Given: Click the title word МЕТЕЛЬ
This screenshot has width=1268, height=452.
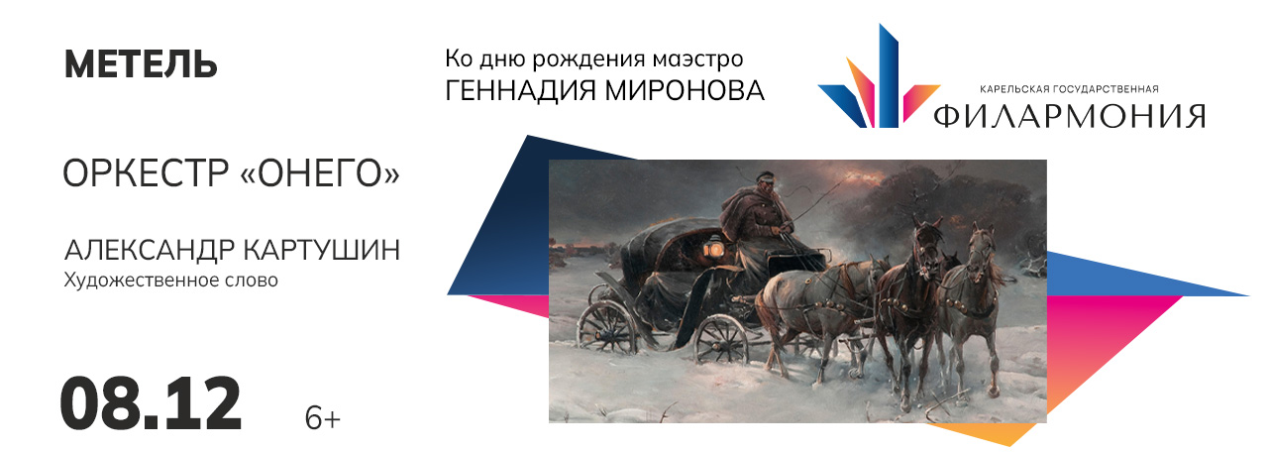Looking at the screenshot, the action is pyautogui.click(x=141, y=64).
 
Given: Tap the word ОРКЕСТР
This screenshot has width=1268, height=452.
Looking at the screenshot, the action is pyautogui.click(x=146, y=173).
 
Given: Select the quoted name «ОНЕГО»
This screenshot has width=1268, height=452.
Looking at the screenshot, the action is pyautogui.click(x=320, y=173).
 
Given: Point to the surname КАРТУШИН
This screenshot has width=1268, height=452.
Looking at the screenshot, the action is pyautogui.click(x=322, y=250).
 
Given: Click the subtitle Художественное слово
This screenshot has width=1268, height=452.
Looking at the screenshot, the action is pyautogui.click(x=171, y=281).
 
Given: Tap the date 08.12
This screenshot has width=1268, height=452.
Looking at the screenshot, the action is pyautogui.click(x=151, y=404).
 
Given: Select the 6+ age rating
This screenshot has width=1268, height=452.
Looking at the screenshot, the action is pyautogui.click(x=323, y=418).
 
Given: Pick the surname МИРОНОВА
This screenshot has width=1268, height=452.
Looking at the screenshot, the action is pyautogui.click(x=685, y=90).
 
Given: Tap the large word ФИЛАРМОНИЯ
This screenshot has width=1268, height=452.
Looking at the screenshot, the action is pyautogui.click(x=1069, y=116).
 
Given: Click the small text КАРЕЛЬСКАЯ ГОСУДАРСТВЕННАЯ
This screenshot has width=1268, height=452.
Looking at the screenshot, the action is pyautogui.click(x=1069, y=89).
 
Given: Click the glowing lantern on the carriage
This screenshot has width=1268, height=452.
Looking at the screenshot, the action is pyautogui.click(x=710, y=248).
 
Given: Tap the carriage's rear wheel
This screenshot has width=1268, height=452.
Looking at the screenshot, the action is pyautogui.click(x=607, y=328).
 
